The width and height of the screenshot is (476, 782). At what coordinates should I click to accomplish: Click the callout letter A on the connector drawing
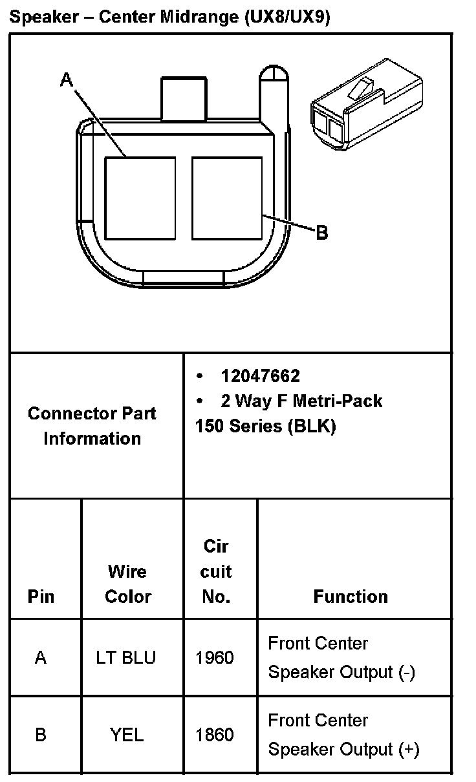[x=67, y=79]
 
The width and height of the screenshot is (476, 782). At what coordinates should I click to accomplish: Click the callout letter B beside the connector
[x=321, y=233]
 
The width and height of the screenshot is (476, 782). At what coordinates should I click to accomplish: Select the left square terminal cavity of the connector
[x=140, y=197]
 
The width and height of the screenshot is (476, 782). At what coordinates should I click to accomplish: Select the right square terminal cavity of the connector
[x=227, y=197]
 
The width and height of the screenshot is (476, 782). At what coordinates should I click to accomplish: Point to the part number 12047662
[x=260, y=375]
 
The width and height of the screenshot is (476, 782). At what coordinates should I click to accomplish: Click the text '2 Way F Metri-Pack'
[x=301, y=401]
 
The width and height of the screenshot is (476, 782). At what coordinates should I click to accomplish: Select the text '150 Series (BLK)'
[x=265, y=427]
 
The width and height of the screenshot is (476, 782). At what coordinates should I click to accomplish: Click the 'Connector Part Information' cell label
[x=92, y=426]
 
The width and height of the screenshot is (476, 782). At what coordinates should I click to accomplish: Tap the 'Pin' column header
[x=41, y=596]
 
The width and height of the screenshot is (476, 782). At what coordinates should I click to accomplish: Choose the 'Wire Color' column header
[x=127, y=584]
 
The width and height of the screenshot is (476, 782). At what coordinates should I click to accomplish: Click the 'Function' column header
[x=351, y=596]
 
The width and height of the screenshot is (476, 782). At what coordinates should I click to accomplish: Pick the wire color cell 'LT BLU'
[x=125, y=658]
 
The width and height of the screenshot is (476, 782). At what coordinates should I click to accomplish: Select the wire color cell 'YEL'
[x=127, y=735]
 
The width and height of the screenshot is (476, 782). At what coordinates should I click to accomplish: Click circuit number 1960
[x=214, y=658]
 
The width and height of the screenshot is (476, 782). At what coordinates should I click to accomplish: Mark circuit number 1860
[x=214, y=735]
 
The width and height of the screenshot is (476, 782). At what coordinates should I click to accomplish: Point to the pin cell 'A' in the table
[x=41, y=658]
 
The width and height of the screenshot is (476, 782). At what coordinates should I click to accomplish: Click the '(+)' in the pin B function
[x=409, y=750]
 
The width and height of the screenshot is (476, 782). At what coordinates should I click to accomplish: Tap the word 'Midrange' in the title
[x=202, y=18]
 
